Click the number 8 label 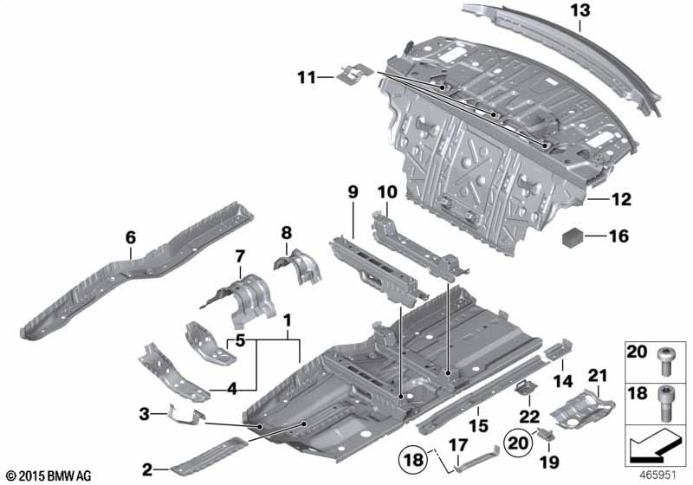(x=286, y=231)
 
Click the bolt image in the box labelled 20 (x=664, y=356)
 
